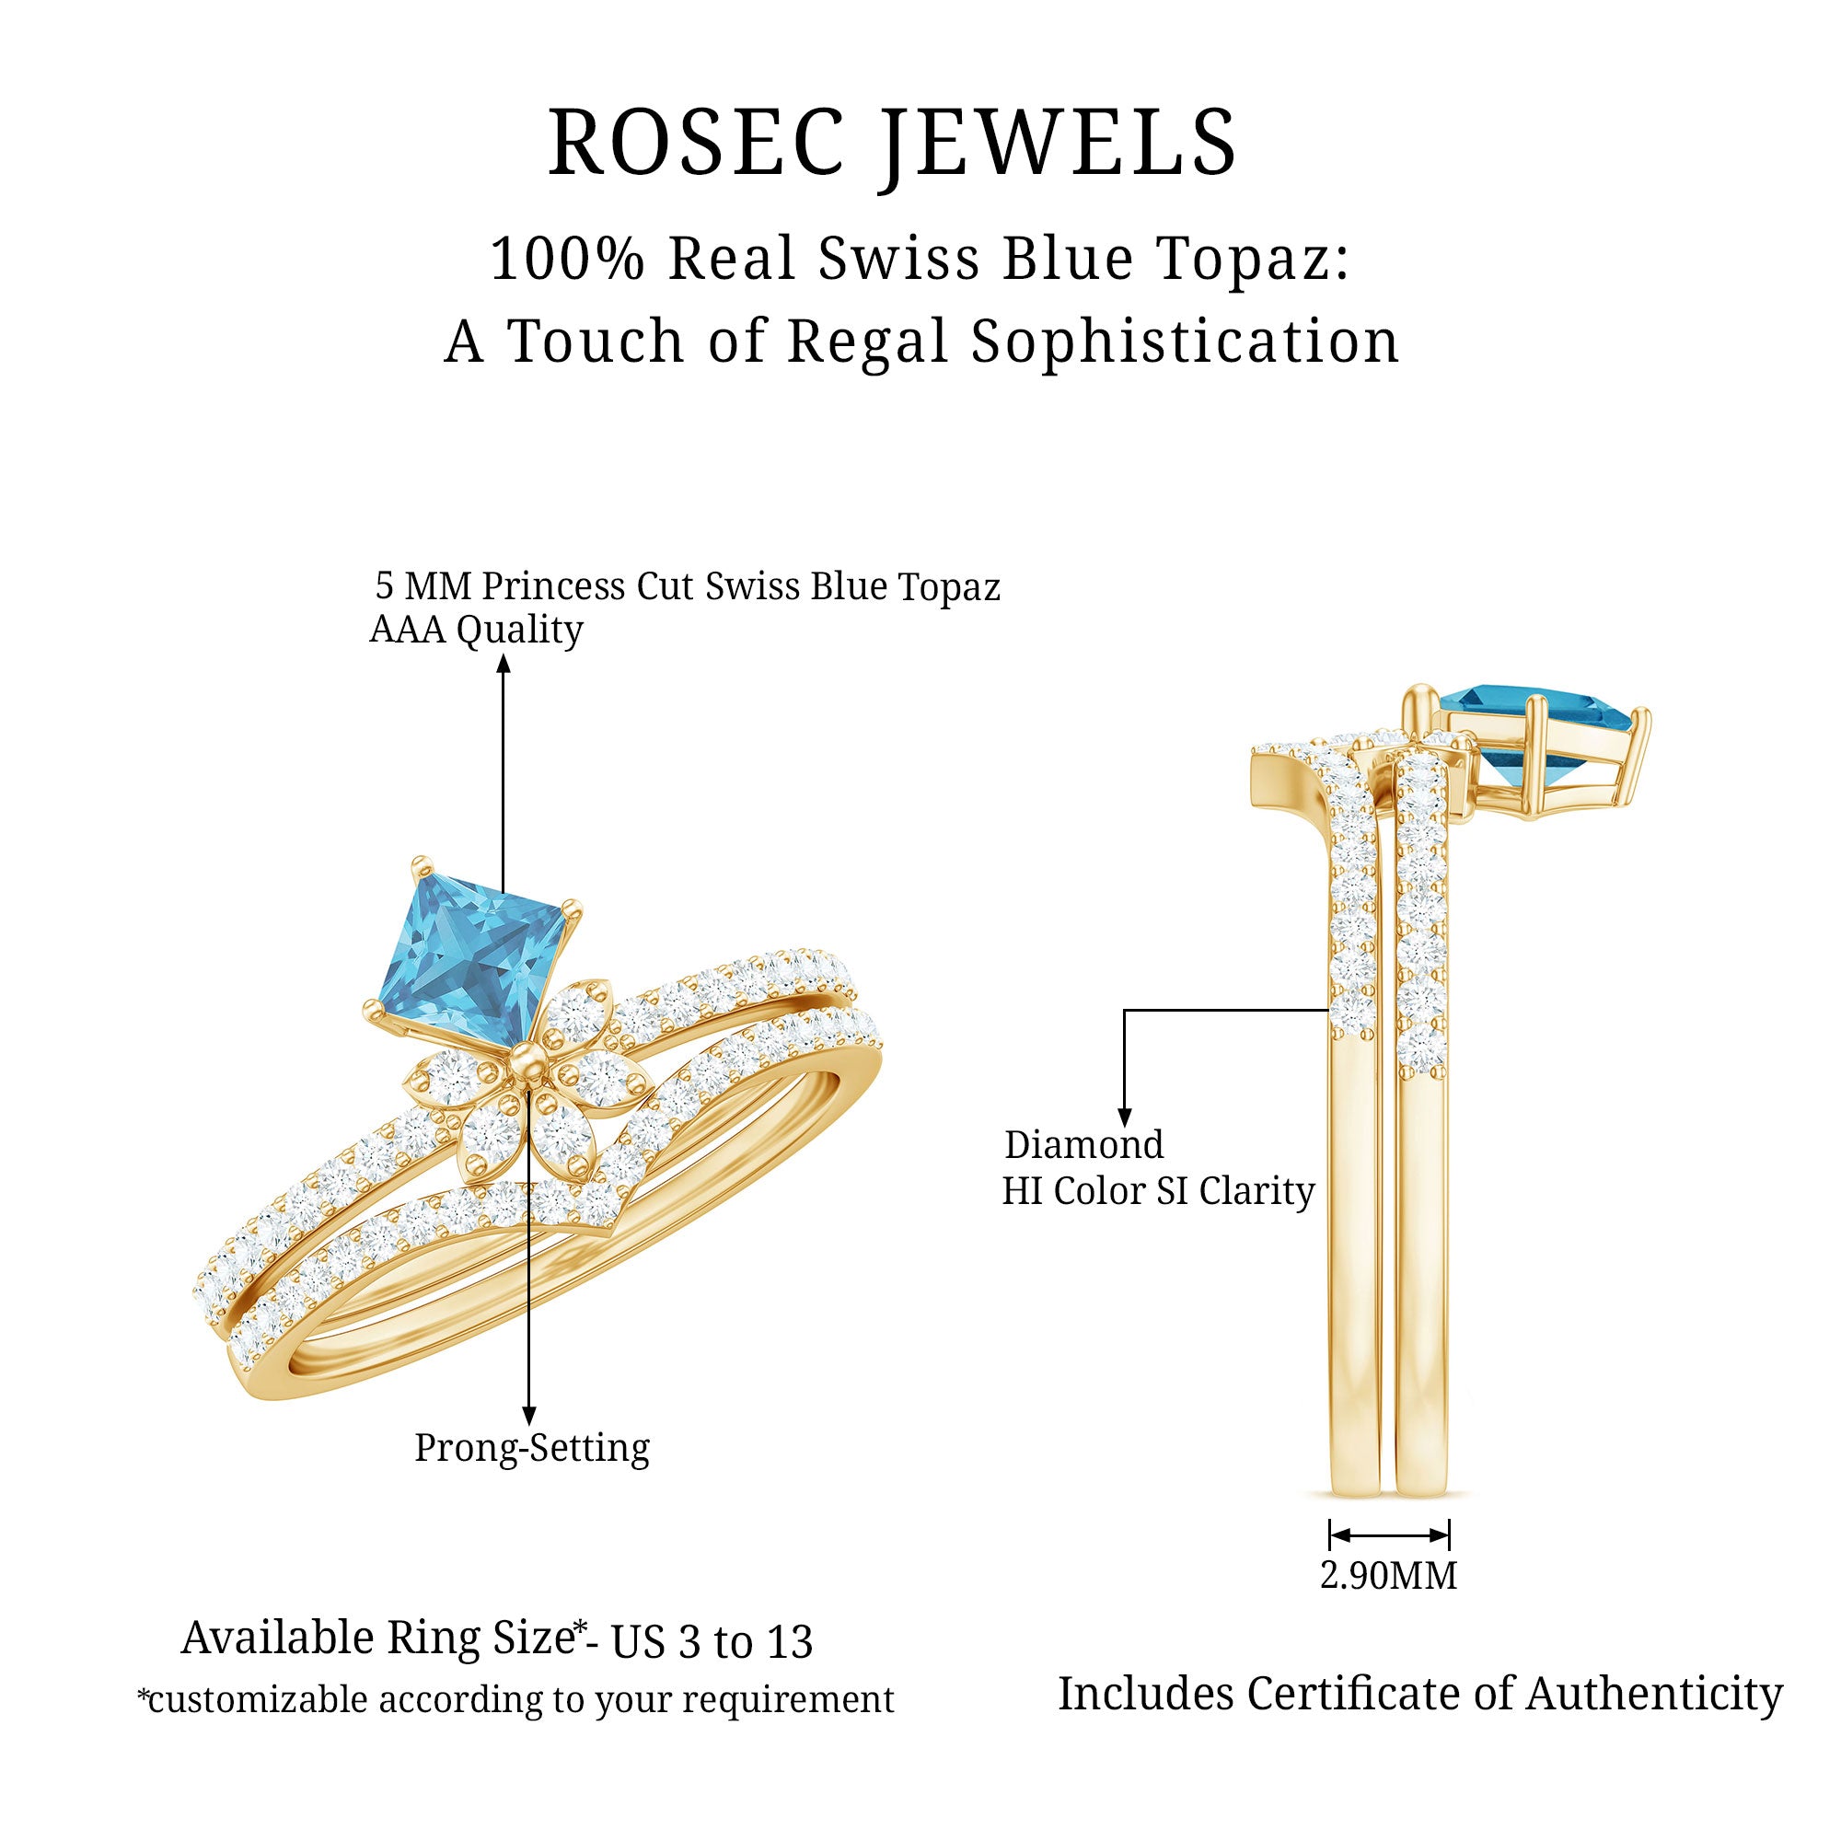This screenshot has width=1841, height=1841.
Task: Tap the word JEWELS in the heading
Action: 1058,143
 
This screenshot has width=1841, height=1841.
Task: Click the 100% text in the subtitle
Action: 568,259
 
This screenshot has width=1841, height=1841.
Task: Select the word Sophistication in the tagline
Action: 1185,342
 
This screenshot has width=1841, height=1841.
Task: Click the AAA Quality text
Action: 476,630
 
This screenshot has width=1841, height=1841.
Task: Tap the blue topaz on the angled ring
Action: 467,953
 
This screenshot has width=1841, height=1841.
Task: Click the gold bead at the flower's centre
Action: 525,1059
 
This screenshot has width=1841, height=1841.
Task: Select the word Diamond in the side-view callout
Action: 1083,1144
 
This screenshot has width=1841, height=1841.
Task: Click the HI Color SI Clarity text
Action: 1158,1191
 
